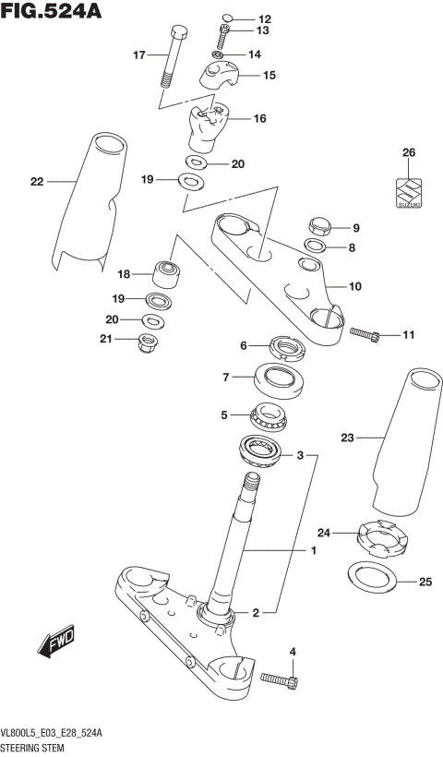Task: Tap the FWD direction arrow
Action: [x=57, y=643]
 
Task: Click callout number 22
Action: [x=37, y=182]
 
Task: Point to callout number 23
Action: [x=348, y=439]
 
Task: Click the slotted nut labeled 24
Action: [x=382, y=539]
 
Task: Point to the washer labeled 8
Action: [x=315, y=246]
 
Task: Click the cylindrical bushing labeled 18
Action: [x=168, y=274]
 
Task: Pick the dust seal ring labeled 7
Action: [x=283, y=378]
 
